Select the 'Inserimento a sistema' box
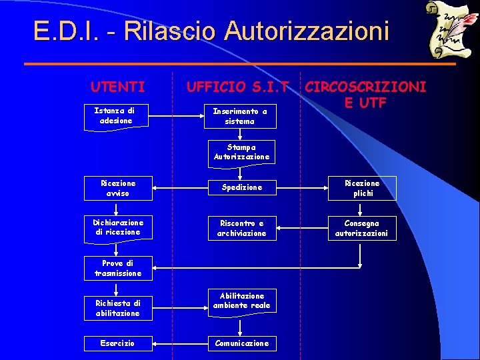(239, 116)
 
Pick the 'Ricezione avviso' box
(118, 188)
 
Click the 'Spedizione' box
(241, 188)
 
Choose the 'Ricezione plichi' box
(363, 188)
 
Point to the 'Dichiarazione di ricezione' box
(118, 227)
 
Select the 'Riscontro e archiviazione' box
(241, 228)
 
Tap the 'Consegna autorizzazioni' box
(363, 228)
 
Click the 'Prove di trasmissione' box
(118, 268)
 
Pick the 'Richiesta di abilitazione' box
(118, 308)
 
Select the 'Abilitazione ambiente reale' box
(241, 301)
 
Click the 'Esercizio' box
(118, 343)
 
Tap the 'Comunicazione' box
(241, 343)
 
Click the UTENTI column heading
(117, 86)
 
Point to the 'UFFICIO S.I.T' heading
(237, 86)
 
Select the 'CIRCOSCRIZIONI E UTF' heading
(365, 94)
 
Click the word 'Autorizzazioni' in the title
(306, 31)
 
